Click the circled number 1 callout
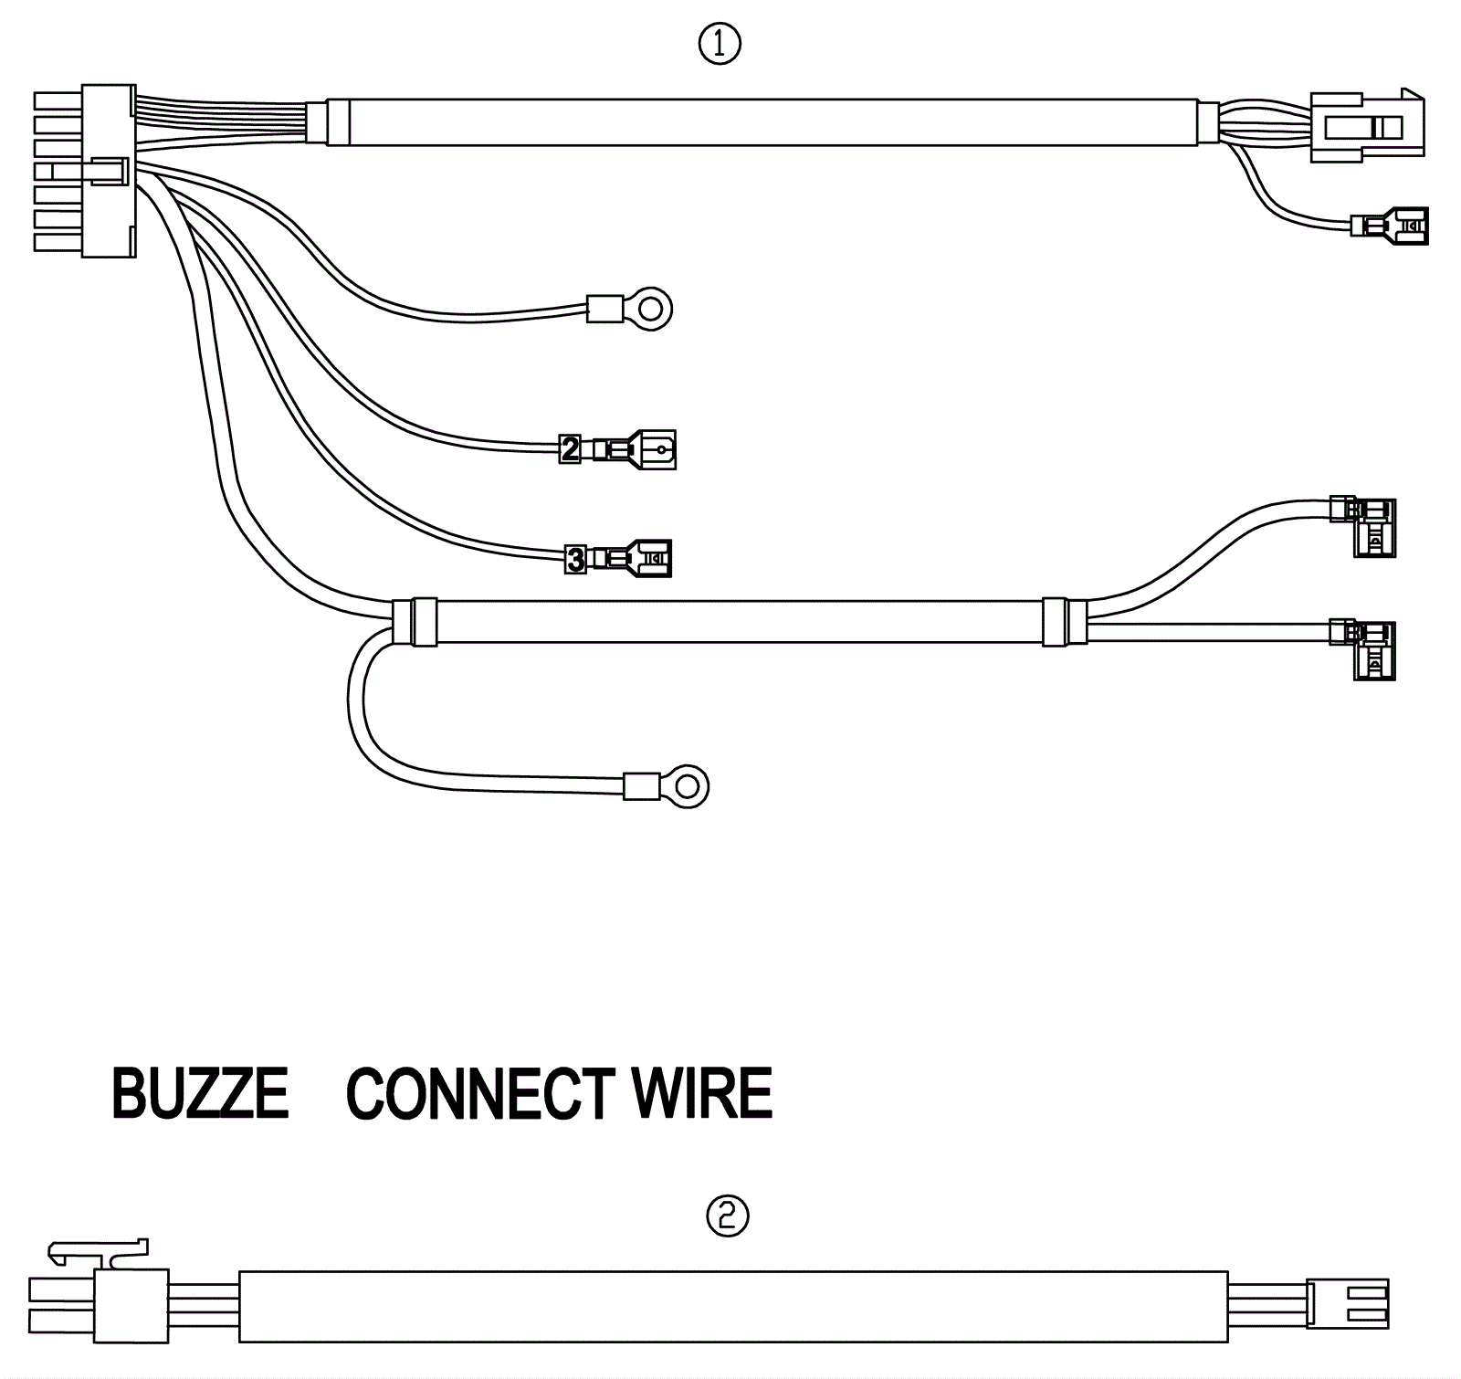coord(720,44)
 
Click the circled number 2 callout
coord(728,1216)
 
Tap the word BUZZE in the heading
coord(200,1093)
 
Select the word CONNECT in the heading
coord(480,1093)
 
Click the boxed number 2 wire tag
coord(570,449)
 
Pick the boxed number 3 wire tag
coord(575,559)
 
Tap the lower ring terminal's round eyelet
coord(688,786)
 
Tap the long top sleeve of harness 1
coord(762,122)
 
